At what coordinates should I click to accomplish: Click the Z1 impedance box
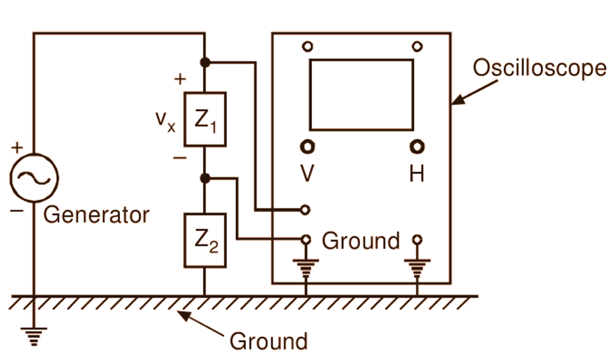[205, 119]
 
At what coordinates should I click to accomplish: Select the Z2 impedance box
[205, 241]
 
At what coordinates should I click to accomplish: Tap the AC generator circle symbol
[34, 178]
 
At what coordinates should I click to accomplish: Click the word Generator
[97, 215]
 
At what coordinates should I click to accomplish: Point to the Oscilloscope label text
[539, 68]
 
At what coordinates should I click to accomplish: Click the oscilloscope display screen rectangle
[362, 94]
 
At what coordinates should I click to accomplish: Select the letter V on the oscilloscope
[307, 173]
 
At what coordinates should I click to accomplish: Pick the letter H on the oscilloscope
[416, 173]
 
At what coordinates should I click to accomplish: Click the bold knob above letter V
[307, 147]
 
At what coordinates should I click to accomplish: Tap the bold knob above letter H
[416, 147]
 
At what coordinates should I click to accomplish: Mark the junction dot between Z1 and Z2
[205, 179]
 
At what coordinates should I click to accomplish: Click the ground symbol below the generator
[34, 336]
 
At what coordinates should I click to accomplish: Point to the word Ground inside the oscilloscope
[361, 241]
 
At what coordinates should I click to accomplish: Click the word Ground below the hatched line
[268, 341]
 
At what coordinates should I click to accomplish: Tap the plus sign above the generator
[16, 147]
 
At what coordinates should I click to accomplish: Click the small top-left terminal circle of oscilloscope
[307, 46]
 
